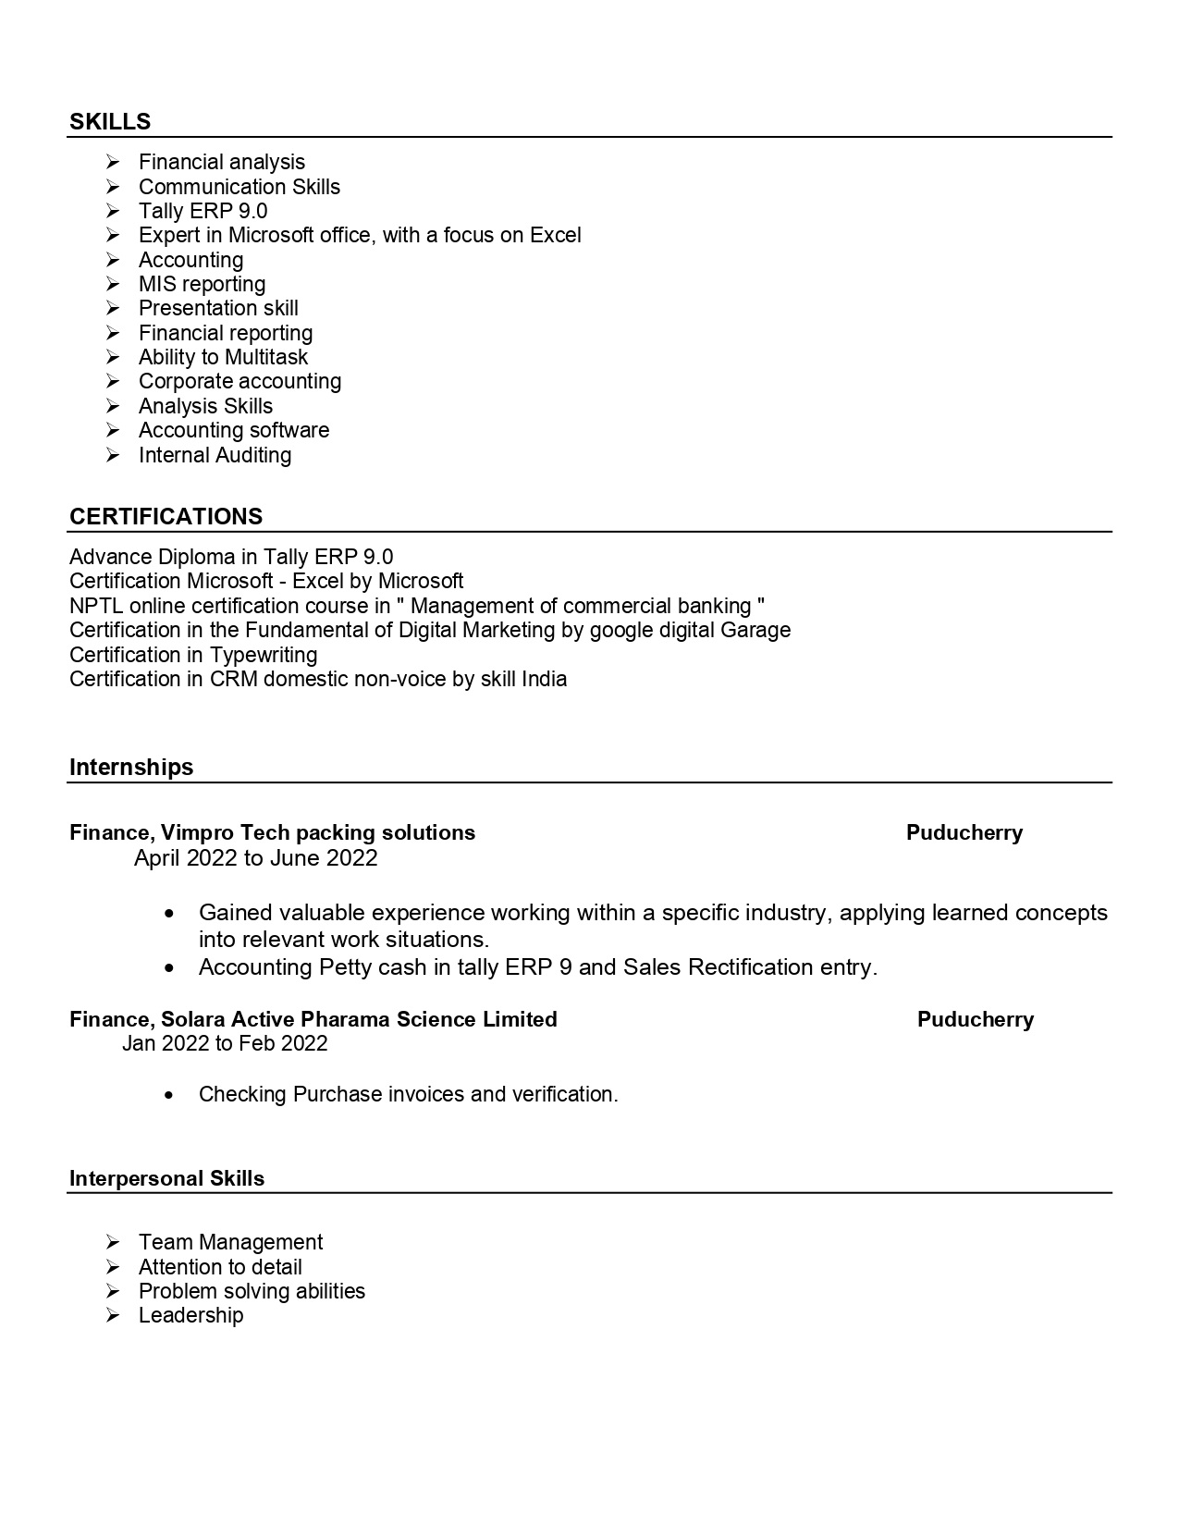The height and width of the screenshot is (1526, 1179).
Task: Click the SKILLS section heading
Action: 110,122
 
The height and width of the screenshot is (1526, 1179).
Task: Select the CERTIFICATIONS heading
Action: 166,517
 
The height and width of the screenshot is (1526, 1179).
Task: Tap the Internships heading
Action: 131,768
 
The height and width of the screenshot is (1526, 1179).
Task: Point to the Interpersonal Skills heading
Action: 166,1179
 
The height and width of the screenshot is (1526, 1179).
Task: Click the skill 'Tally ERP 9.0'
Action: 203,211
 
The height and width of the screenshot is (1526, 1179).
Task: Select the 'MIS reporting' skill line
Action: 202,284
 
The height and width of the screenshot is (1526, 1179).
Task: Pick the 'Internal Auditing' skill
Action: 215,455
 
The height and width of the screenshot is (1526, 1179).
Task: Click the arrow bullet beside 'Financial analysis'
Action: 113,163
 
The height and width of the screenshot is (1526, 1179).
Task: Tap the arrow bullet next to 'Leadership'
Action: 113,1316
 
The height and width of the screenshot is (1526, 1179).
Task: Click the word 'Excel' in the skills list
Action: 555,236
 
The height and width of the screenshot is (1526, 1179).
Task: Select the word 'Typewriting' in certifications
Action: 264,656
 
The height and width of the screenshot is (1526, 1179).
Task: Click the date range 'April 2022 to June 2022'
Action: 256,858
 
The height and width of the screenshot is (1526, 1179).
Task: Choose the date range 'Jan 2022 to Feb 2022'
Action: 225,1044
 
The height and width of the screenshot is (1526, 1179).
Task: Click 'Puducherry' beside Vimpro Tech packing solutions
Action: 964,833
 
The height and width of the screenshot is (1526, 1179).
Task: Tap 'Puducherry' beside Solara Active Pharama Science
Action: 976,1020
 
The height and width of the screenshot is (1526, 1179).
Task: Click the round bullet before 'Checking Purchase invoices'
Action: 168,1095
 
